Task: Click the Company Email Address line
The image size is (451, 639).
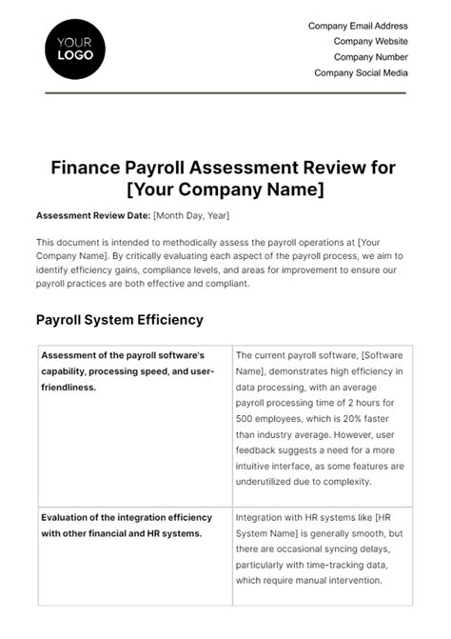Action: click(358, 27)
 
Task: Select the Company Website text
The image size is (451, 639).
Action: click(370, 42)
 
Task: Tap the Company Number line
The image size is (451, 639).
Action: click(370, 57)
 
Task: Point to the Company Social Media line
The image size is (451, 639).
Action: click(361, 72)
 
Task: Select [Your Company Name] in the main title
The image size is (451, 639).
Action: click(225, 190)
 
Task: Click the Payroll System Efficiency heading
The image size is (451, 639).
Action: click(119, 320)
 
